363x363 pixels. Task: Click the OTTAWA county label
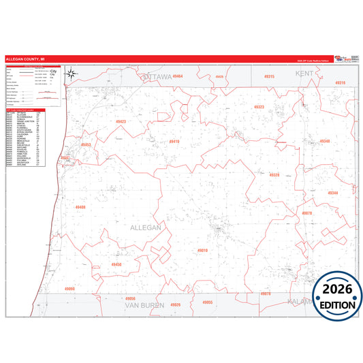(x=156, y=77)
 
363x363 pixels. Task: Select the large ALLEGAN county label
(x=144, y=227)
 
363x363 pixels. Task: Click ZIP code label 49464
(x=177, y=77)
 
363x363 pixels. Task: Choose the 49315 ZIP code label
(x=268, y=77)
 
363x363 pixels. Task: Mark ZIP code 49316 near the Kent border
(x=340, y=82)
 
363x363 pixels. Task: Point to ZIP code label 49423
(x=121, y=121)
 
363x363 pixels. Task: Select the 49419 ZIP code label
(x=174, y=142)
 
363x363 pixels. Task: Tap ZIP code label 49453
(x=86, y=145)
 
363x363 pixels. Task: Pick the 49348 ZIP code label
(x=325, y=141)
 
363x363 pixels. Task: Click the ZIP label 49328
(x=274, y=175)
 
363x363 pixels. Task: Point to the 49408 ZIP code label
(x=80, y=207)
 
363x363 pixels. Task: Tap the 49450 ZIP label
(x=116, y=264)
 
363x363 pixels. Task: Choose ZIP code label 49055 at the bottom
(x=208, y=302)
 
